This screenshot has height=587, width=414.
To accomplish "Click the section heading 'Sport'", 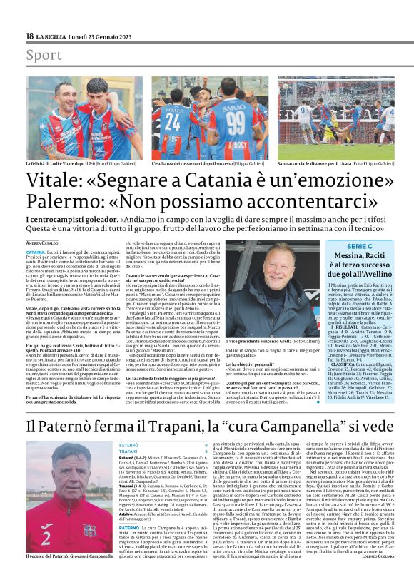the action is click(44, 55).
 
